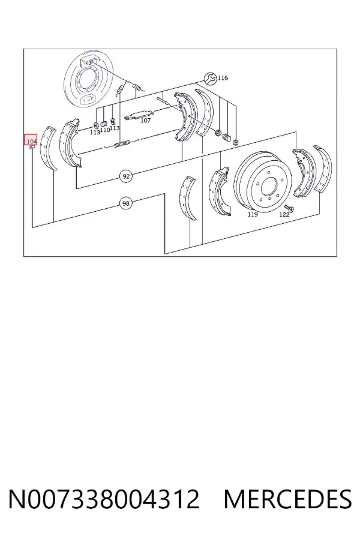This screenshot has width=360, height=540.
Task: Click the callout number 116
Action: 223,78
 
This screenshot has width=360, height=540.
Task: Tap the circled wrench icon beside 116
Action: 210,79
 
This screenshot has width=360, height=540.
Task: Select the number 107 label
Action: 146,121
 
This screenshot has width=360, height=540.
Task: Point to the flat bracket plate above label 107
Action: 139,115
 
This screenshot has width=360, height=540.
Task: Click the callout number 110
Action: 105,130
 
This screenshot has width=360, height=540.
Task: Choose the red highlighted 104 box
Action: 31,140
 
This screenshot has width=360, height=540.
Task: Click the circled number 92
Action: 127,176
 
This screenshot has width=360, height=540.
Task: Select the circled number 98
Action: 126,203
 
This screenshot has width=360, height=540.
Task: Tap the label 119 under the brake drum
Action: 253,215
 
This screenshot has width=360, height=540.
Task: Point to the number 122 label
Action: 284,215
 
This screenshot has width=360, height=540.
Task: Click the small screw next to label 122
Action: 289,208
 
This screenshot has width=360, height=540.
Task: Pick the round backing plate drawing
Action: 82,80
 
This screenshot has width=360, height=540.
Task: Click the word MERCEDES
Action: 287,499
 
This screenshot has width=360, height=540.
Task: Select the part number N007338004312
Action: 104,499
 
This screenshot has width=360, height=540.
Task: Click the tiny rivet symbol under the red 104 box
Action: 31,148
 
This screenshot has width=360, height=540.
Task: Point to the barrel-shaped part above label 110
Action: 104,123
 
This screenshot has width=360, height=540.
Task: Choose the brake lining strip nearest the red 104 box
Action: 49,148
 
